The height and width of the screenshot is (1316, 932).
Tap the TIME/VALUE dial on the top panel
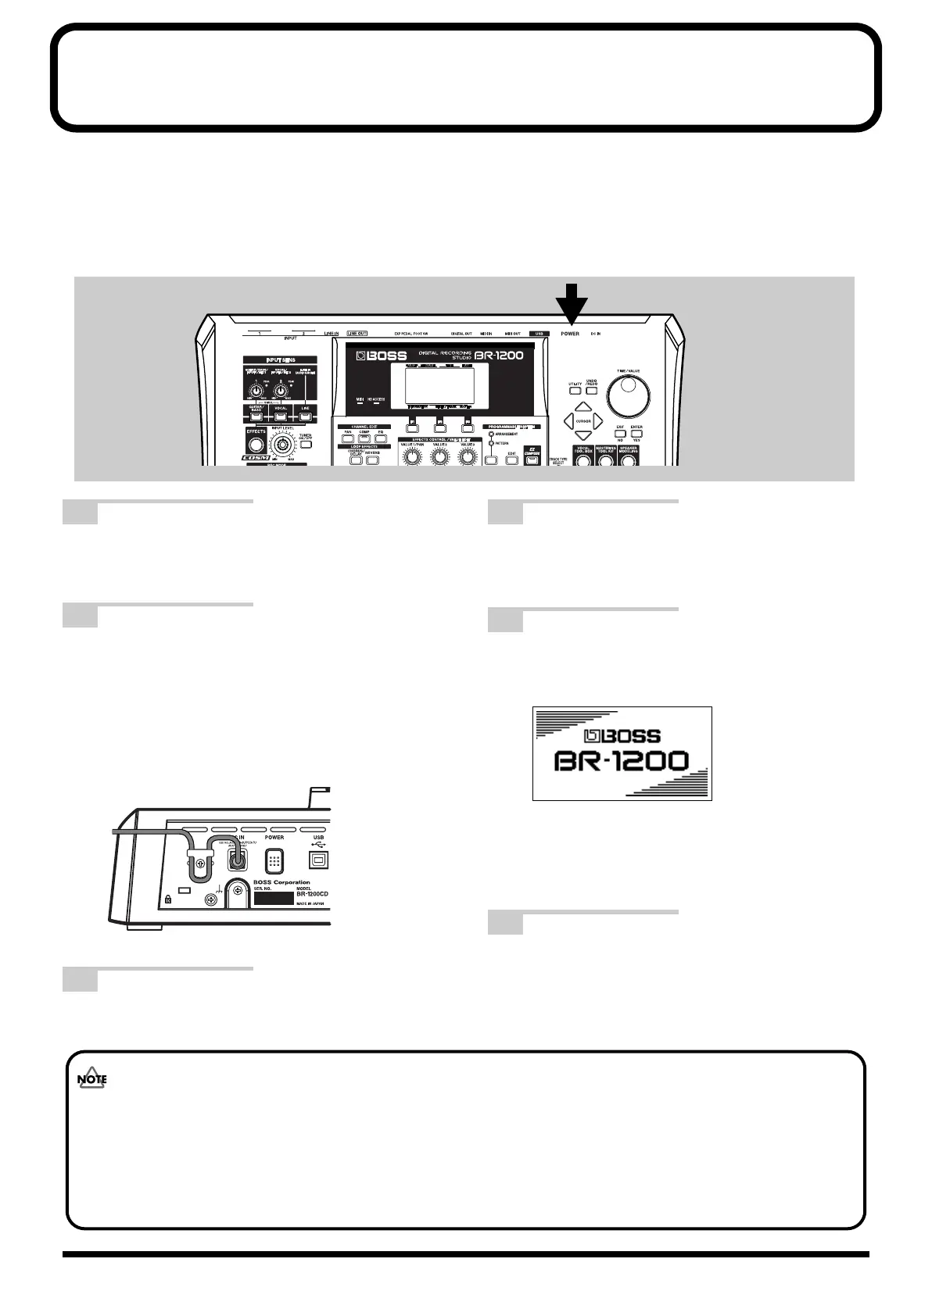click(631, 397)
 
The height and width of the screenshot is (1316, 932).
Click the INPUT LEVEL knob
click(282, 447)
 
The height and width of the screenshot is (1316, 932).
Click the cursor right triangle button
click(598, 422)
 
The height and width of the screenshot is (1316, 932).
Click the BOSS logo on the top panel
click(382, 356)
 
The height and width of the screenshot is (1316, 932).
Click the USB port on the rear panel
click(318, 860)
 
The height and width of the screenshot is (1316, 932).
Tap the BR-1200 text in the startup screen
click(622, 761)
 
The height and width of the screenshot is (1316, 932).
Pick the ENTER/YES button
click(637, 434)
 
